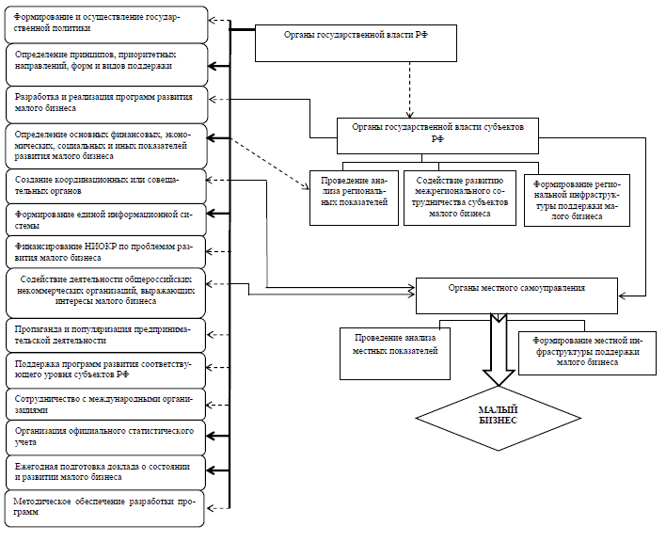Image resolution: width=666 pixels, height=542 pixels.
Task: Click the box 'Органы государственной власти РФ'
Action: (356, 43)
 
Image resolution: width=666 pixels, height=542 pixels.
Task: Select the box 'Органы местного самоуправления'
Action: (516, 296)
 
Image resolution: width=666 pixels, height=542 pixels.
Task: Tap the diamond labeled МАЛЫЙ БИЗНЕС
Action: (499, 418)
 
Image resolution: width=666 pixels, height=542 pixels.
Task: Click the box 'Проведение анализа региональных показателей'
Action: (354, 198)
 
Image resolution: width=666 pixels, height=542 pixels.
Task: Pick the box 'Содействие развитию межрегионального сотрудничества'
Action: (460, 198)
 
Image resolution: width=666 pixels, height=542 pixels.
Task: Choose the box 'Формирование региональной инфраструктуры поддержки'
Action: (577, 200)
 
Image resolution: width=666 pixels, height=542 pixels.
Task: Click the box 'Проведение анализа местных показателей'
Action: (395, 354)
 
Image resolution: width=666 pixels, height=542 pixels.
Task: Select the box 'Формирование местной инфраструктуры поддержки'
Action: (587, 353)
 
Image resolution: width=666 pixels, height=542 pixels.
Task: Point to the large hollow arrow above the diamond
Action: (499, 349)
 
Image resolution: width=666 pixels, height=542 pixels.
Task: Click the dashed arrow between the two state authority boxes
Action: (409, 89)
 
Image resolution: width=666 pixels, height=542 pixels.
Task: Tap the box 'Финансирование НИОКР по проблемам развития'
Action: (105, 252)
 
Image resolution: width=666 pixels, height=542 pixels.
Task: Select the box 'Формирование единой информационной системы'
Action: (105, 219)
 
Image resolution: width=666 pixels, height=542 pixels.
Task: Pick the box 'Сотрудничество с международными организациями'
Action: (105, 404)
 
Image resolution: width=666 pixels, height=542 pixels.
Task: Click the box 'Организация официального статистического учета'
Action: (105, 438)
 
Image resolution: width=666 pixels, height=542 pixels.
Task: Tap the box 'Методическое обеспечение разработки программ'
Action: (104, 508)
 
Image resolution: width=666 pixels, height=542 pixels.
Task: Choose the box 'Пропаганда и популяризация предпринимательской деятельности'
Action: (105, 335)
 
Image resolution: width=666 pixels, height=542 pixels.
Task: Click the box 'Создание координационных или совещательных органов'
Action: (106, 186)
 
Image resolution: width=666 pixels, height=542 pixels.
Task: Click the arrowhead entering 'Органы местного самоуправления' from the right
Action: (622, 295)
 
